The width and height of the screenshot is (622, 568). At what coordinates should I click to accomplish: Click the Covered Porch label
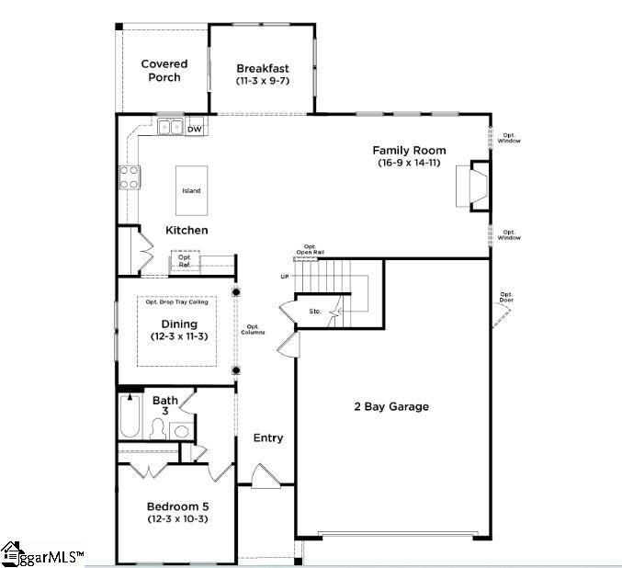coord(164,71)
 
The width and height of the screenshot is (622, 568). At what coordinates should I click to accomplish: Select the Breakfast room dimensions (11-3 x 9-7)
coord(263,82)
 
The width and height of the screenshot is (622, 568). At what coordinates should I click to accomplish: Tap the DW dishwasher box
coord(195,130)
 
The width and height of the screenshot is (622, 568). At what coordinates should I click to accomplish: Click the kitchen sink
coord(169,127)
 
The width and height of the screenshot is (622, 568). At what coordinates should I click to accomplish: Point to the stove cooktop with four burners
coord(129,176)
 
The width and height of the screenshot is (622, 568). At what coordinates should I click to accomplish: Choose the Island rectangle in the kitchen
coord(191,190)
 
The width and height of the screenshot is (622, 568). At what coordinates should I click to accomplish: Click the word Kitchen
coord(187,230)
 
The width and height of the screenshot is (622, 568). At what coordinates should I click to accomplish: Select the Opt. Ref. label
coord(185,262)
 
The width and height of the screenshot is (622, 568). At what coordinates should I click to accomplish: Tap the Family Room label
coord(409,150)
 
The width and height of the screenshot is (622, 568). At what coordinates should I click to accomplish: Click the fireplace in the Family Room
coord(472,186)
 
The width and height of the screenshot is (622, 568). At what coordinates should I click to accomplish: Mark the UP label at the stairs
coord(285,277)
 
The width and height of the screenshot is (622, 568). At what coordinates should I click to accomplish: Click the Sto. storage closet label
coord(315,312)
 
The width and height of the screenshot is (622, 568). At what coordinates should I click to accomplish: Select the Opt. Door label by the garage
coord(506,297)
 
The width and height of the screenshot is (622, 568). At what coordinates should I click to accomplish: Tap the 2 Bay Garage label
coord(391,406)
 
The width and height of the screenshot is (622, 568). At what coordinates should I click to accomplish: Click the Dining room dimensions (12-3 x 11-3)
coord(179,337)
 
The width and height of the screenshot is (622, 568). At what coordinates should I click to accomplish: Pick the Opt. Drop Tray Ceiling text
coord(176,301)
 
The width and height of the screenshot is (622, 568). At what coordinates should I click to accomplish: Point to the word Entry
coord(268,438)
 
